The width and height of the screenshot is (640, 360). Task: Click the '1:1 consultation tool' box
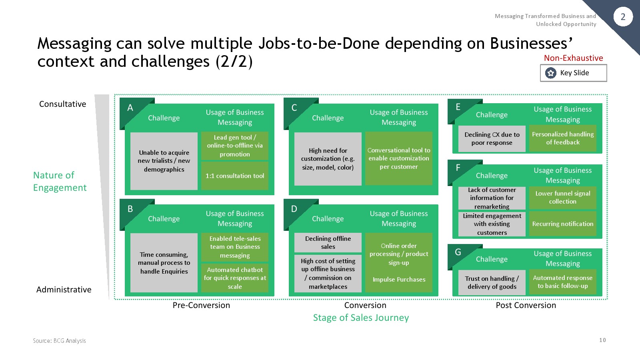click(x=234, y=176)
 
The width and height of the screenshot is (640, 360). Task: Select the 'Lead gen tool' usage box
click(x=234, y=146)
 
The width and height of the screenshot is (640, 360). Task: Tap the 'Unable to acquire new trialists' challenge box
click(x=164, y=161)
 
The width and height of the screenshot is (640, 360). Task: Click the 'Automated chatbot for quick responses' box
click(x=234, y=278)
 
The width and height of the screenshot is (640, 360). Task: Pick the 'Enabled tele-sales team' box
click(x=234, y=247)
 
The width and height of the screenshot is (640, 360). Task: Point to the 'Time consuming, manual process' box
click(x=164, y=263)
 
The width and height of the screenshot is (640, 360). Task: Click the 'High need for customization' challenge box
click(x=328, y=159)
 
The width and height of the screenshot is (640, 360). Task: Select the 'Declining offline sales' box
click(x=328, y=242)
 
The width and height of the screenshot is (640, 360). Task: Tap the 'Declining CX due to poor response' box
click(x=492, y=138)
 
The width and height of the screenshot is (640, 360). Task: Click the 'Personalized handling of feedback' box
click(x=562, y=138)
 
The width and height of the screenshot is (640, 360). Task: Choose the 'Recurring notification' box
click(x=562, y=224)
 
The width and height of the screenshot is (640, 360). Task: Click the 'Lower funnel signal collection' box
click(x=562, y=198)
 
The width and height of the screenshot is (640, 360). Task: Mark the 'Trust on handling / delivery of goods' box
click(x=492, y=282)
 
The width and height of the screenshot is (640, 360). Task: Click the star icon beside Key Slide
click(x=550, y=73)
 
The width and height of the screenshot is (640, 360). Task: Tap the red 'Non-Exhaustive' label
click(x=573, y=58)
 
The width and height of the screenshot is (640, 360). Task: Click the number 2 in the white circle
click(x=623, y=17)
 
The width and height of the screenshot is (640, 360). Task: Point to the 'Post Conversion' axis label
click(x=526, y=305)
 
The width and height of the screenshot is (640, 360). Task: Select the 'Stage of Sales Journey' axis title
click(x=361, y=318)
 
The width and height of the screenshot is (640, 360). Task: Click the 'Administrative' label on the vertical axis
click(x=64, y=290)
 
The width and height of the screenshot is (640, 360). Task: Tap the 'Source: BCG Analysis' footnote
click(x=60, y=340)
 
